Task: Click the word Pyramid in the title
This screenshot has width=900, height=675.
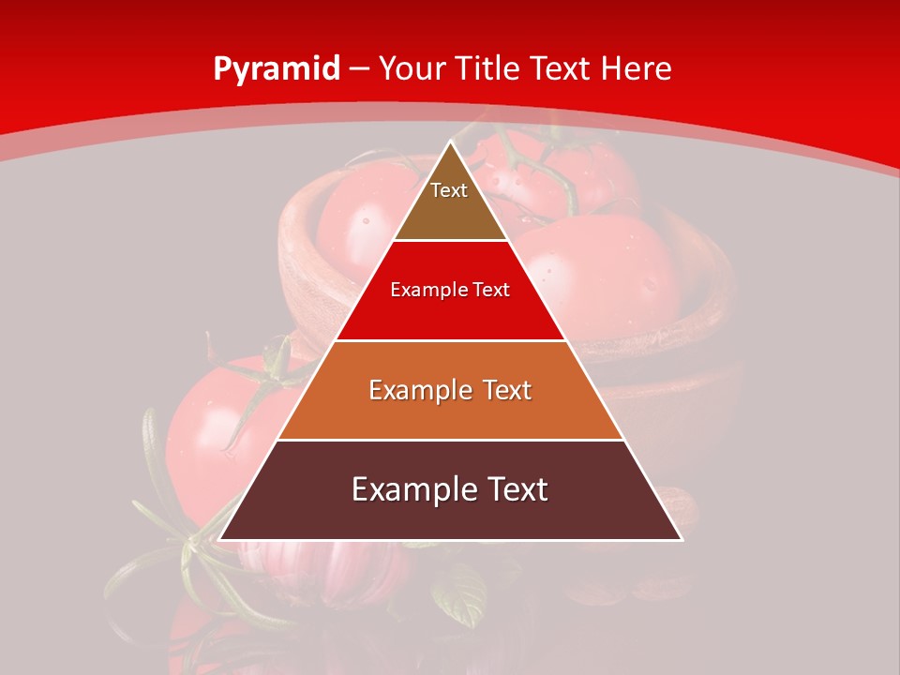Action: click(x=276, y=69)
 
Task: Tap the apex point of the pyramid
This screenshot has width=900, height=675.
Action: click(x=451, y=142)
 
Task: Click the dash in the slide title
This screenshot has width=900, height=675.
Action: click(x=360, y=69)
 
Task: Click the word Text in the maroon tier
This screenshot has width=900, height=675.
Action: click(x=517, y=489)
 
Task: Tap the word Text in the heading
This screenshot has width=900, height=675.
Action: click(x=561, y=69)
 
